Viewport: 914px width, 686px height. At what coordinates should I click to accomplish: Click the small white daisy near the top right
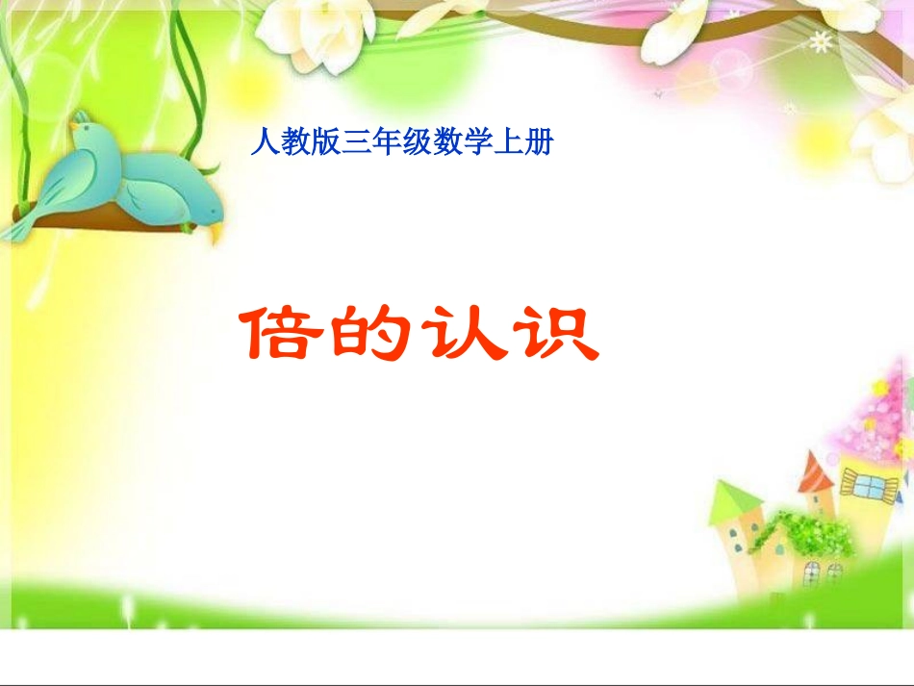821,41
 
